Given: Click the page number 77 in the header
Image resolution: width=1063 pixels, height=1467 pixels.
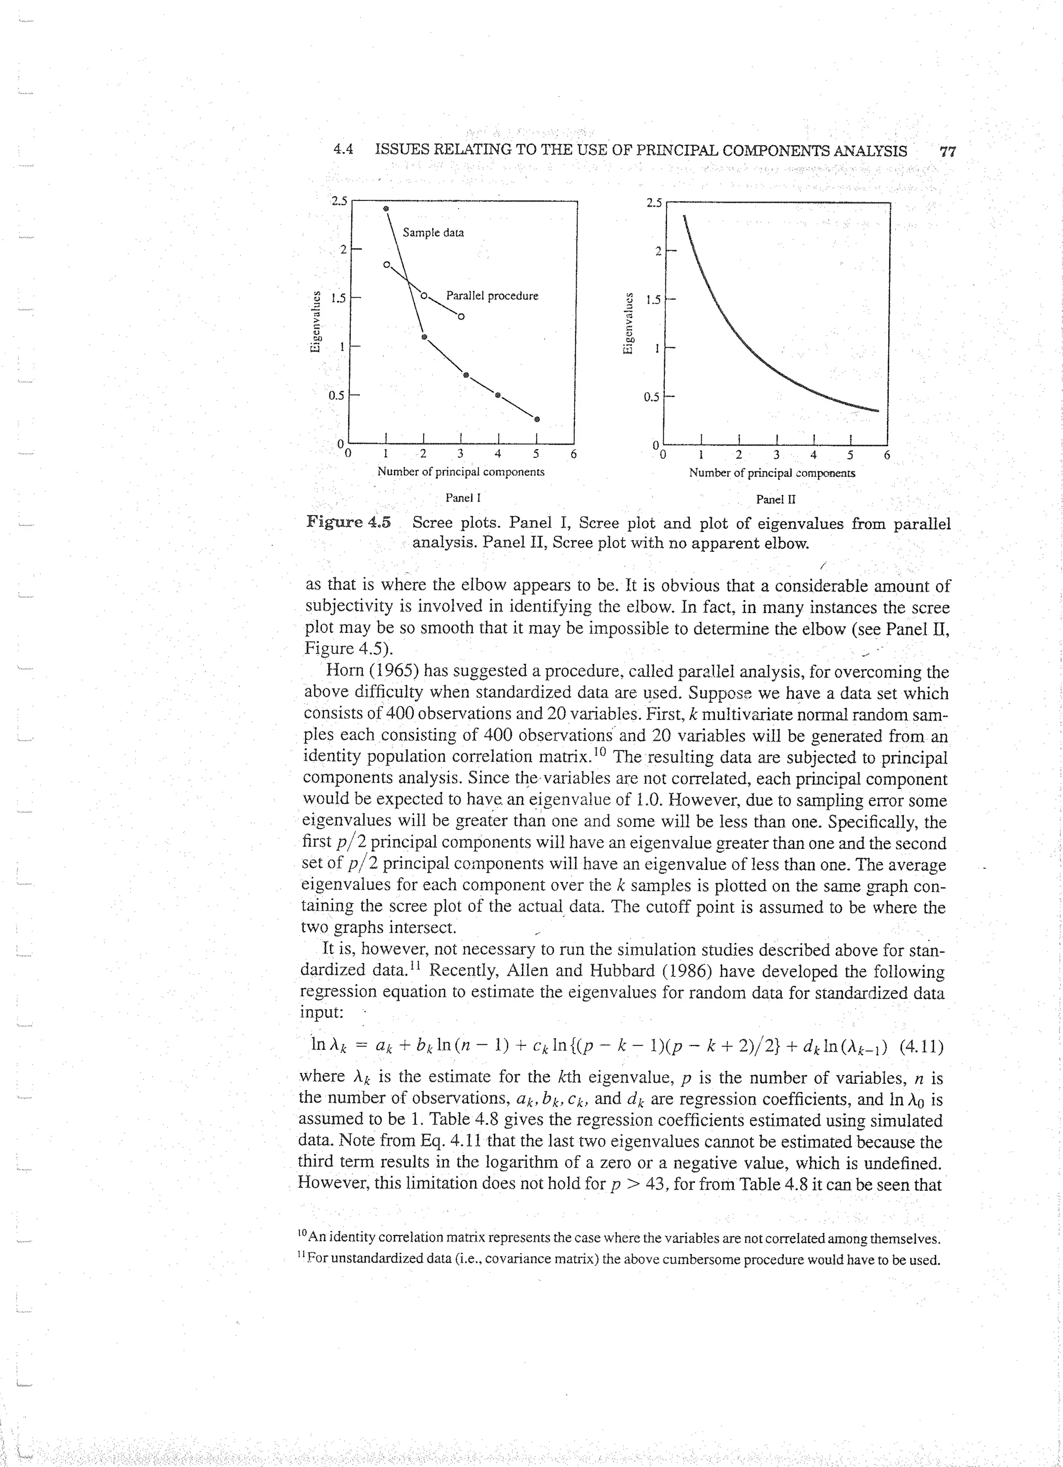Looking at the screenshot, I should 948,152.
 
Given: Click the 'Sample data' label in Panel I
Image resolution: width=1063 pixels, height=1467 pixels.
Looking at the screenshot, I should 432,232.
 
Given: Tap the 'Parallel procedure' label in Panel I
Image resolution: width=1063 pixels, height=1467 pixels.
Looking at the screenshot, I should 492,296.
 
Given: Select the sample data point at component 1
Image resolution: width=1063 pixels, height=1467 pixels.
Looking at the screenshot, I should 386,209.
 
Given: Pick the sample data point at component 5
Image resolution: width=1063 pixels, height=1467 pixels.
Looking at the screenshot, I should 537,418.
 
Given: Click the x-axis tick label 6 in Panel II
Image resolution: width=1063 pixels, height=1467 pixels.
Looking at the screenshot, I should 887,455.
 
